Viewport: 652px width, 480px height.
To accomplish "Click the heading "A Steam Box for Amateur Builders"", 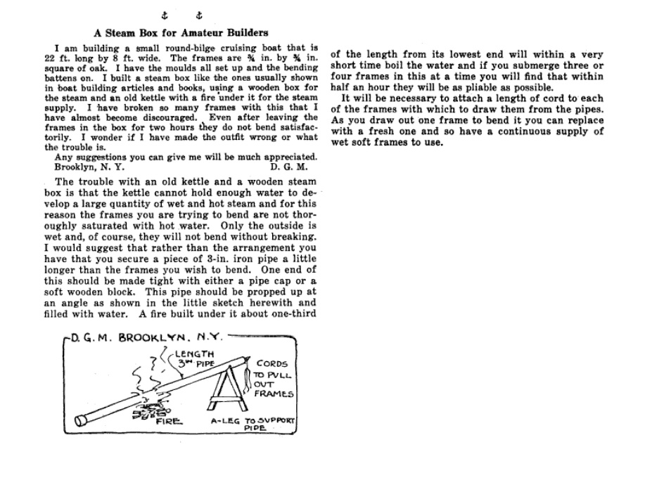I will point(181,32).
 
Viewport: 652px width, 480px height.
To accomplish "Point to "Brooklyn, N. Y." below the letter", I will point(89,167).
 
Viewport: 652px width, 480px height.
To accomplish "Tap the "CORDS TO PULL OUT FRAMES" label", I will point(274,379).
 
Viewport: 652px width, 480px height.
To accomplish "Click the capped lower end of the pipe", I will point(82,419).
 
